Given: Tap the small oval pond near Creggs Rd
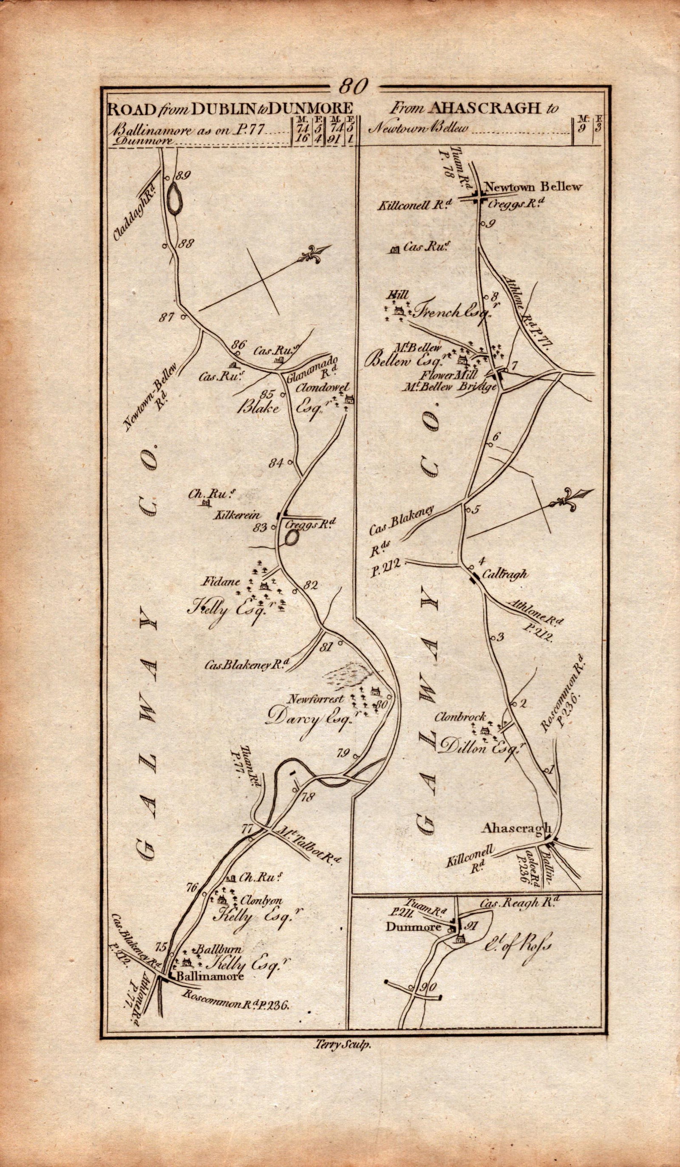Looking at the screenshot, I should pos(292,537).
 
